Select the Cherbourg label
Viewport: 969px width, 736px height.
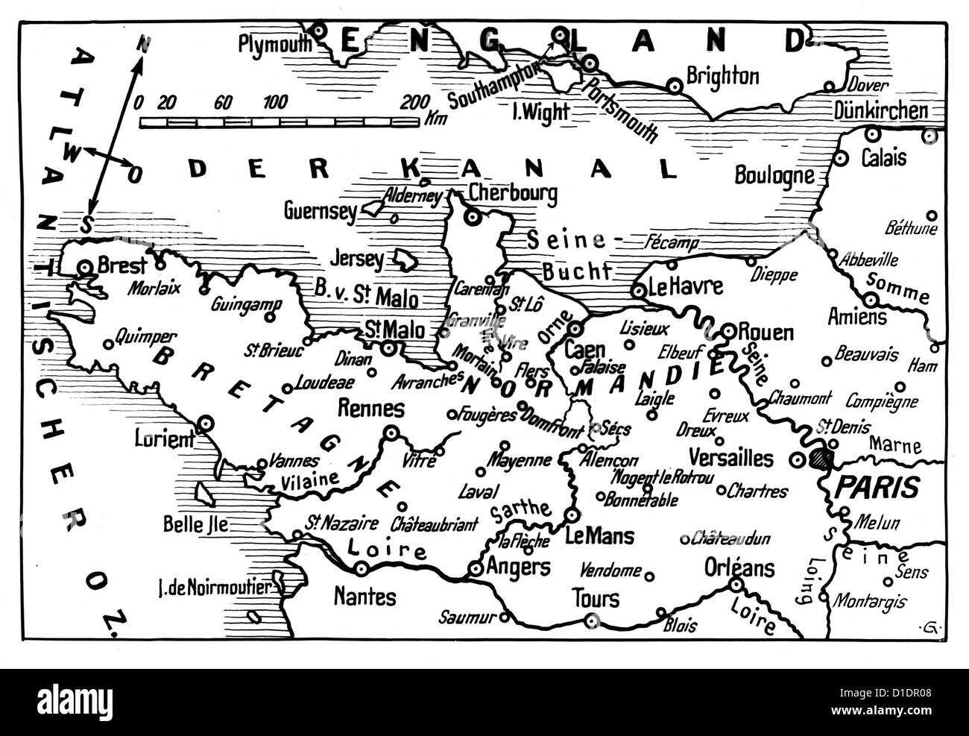513,194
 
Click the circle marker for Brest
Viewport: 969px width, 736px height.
86,266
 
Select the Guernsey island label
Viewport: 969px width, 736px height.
321,212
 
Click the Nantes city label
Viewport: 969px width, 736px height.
365,597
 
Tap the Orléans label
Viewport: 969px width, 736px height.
739,568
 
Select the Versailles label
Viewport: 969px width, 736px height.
731,457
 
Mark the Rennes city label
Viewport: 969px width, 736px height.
371,408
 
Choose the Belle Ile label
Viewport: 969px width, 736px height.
195,524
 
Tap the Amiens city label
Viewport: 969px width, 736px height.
857,317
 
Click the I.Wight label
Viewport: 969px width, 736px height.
542,113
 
